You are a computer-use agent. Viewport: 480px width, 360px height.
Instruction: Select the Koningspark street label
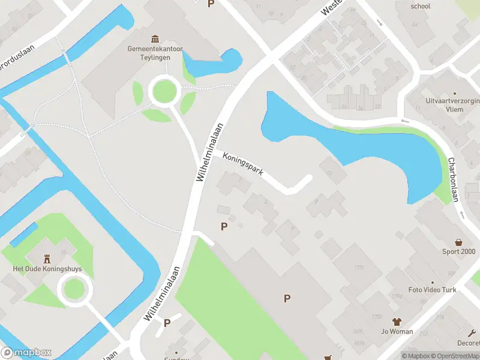tap(243, 163)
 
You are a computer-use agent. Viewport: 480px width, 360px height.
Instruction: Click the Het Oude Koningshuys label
tap(47, 269)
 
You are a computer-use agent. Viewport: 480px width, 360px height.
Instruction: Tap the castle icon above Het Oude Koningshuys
tap(47, 257)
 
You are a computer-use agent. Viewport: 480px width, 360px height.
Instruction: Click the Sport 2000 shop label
tap(459, 251)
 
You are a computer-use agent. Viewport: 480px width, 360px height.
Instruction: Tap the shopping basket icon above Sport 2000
tap(459, 242)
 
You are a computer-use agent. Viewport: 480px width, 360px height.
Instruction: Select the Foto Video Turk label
tap(432, 290)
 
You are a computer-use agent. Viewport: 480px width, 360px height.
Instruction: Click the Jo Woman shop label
tap(397, 331)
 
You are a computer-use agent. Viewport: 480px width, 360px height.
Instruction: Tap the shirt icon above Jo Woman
tap(397, 322)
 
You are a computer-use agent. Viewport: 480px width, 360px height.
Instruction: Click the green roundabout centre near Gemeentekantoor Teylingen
tap(165, 92)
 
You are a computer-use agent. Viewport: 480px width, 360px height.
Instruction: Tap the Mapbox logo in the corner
tap(26, 353)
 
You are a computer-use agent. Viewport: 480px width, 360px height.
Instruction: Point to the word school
tap(421, 7)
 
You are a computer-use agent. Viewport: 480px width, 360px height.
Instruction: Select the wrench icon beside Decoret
tap(472, 332)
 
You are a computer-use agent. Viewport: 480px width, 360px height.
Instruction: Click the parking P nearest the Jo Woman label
tap(287, 298)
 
